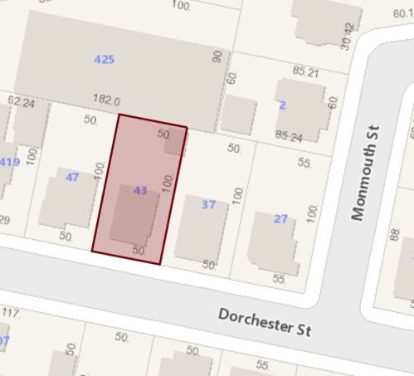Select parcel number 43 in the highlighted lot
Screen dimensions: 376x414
coord(140,191)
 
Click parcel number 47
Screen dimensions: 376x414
coord(72,177)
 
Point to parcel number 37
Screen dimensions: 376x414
coord(208,204)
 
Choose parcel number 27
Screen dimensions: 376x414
coord(280,219)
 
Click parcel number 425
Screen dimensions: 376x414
coord(105,59)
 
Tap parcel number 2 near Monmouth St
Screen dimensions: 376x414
coord(282,105)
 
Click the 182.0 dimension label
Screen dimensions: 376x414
coord(107,100)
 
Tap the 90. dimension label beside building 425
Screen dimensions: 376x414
coord(217,57)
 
